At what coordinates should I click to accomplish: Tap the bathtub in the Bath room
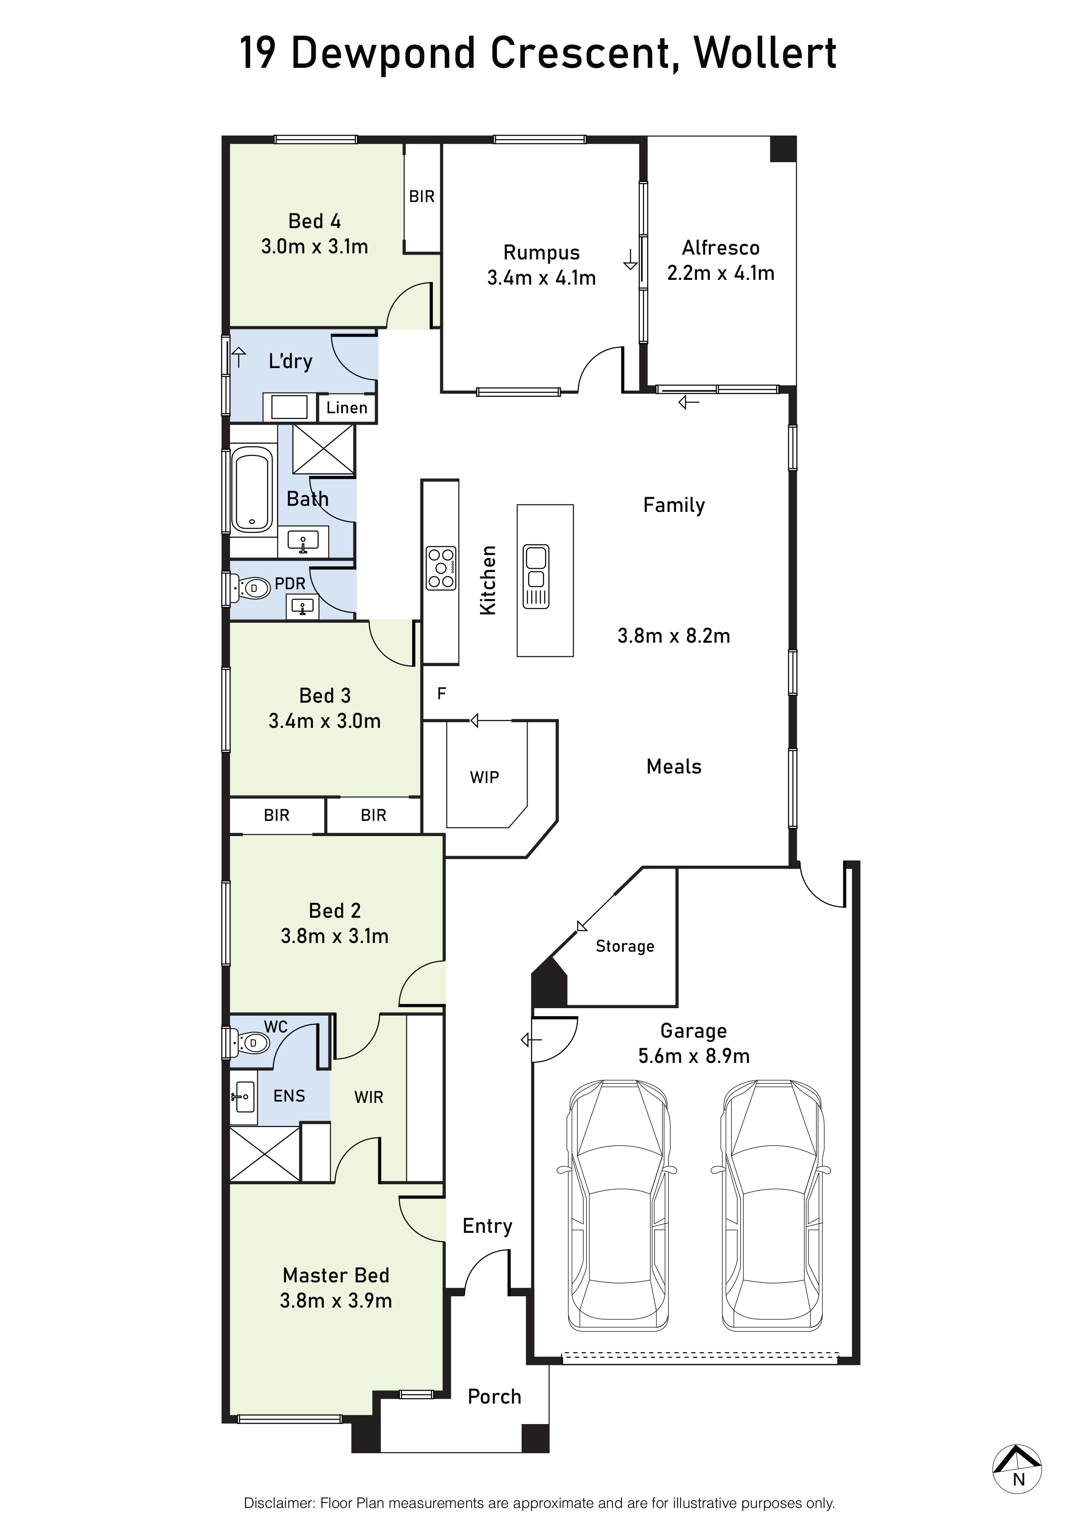(x=252, y=490)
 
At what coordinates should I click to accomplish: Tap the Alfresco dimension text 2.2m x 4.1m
(x=720, y=273)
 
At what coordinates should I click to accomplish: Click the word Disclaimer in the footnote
(x=279, y=1504)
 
